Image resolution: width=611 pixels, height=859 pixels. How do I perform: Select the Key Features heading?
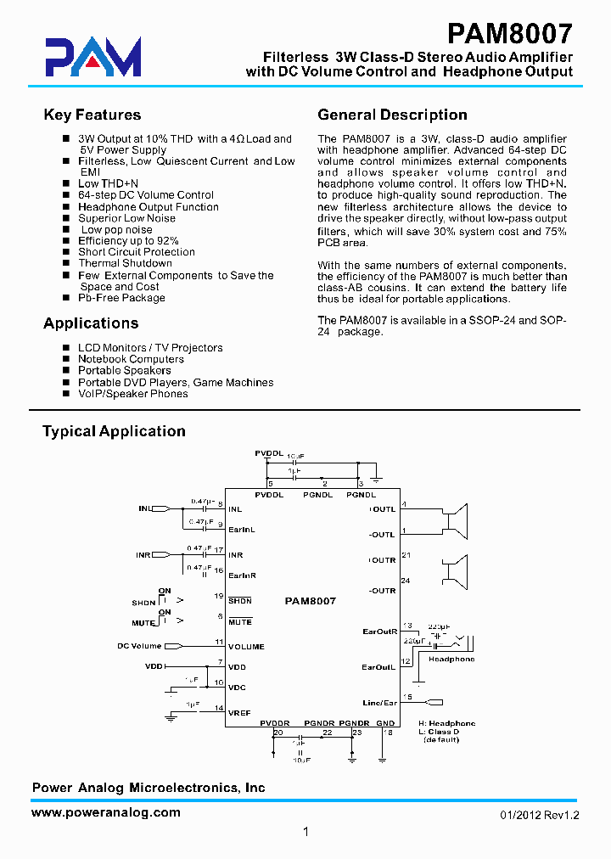92,115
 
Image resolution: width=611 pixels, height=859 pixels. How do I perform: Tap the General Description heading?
392,115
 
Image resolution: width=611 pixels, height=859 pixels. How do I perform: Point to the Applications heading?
91,323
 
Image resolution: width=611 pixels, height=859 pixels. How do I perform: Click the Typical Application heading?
114,431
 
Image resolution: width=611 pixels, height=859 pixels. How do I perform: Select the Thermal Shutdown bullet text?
125,263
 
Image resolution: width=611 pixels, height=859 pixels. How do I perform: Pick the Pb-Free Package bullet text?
121,298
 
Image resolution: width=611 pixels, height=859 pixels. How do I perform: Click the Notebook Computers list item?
131,359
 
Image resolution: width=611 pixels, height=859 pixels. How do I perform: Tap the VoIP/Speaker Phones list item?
133,394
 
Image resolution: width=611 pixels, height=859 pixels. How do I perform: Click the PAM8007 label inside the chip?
311,601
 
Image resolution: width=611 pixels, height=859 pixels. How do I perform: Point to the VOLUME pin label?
246,647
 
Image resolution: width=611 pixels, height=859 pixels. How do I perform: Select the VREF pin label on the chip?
239,713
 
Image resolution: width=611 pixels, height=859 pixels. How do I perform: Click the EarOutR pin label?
379,632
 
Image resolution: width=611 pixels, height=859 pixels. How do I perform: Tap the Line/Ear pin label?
379,703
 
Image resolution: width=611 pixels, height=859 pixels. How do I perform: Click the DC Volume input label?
139,647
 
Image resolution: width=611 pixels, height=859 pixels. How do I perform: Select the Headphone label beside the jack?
451,660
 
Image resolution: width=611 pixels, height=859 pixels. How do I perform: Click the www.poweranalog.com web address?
106,812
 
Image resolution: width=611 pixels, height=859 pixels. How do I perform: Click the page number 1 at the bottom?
305,833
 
